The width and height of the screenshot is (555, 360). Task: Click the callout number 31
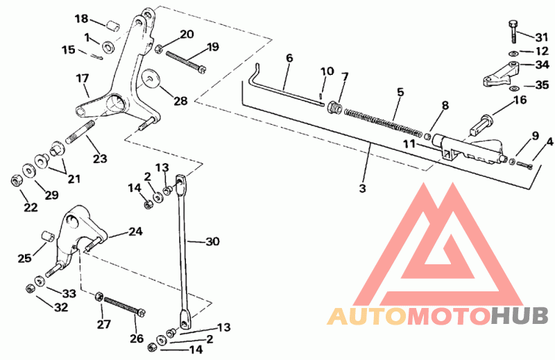[x=541, y=37]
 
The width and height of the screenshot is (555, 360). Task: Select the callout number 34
[x=541, y=65]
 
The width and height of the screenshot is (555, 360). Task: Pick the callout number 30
[x=212, y=242]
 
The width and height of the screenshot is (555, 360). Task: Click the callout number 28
[x=180, y=101]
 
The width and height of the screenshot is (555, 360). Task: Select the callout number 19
[x=212, y=47]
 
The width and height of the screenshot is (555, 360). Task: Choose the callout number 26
[x=137, y=338]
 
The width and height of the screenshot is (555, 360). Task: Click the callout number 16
[x=520, y=100]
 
